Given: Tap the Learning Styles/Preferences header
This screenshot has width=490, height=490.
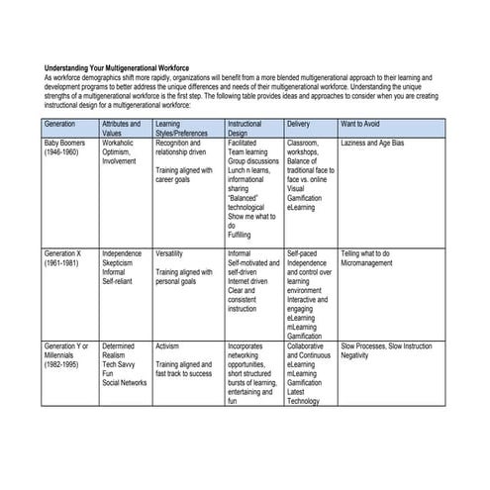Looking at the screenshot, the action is pos(182,129).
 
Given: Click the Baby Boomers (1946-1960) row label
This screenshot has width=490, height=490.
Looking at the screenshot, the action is pos(65,148).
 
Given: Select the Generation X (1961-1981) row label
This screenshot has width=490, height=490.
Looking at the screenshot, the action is pos(66,258).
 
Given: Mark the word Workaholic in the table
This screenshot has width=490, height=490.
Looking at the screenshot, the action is pos(120,144).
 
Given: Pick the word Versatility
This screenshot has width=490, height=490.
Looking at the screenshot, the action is pos(169,253).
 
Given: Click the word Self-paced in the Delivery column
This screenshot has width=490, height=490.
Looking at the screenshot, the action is pos(300,253).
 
